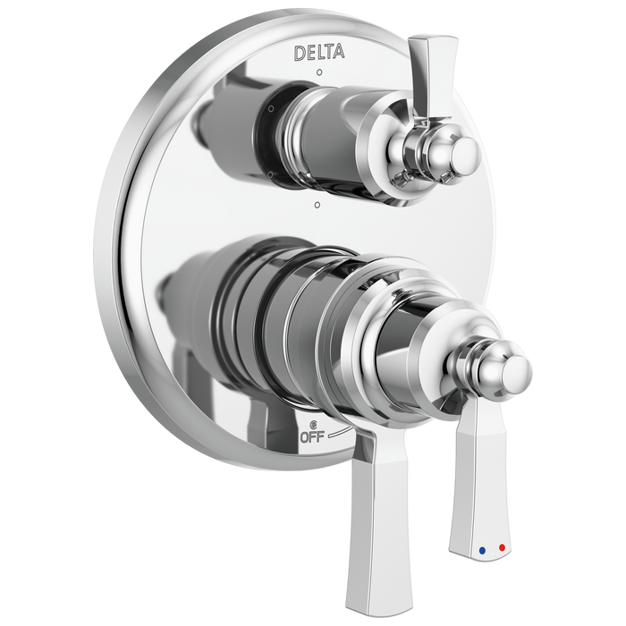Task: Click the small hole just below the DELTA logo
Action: click(320, 70)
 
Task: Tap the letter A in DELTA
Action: click(340, 54)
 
